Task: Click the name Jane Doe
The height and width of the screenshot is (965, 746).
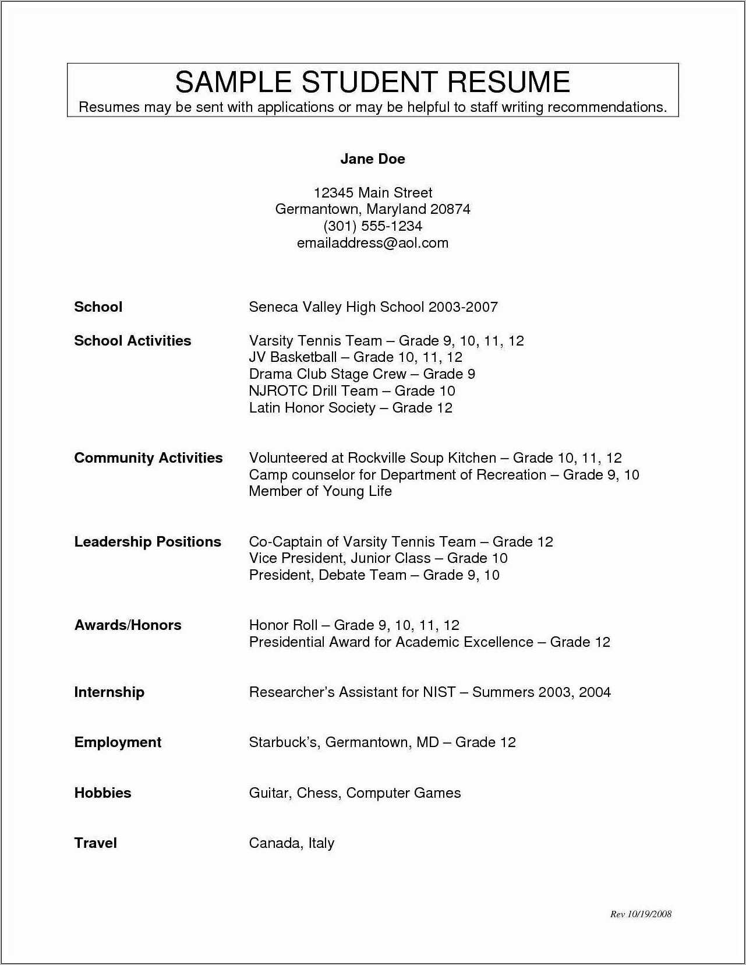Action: point(372,159)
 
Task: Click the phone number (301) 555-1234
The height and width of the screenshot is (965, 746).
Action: point(372,226)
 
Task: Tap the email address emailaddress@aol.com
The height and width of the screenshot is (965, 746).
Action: point(372,243)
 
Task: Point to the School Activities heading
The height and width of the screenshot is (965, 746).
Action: point(132,341)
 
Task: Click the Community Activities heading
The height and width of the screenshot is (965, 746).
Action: point(148,458)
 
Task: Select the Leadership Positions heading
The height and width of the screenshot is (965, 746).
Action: point(147,542)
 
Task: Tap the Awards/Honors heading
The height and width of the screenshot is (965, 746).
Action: point(128,625)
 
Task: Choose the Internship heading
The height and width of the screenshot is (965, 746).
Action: point(109,692)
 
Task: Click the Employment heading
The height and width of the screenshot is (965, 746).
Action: point(118,742)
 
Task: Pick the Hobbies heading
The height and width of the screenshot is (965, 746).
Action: point(102,793)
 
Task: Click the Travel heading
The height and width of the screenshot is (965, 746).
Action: point(96,843)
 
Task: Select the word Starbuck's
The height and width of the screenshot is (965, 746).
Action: point(284,742)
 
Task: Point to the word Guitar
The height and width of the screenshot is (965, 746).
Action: point(270,793)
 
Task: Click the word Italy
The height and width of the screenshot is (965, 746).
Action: point(321,843)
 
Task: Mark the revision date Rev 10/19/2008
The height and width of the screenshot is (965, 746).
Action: point(641,914)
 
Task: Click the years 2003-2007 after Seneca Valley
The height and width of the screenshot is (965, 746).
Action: point(463,307)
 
